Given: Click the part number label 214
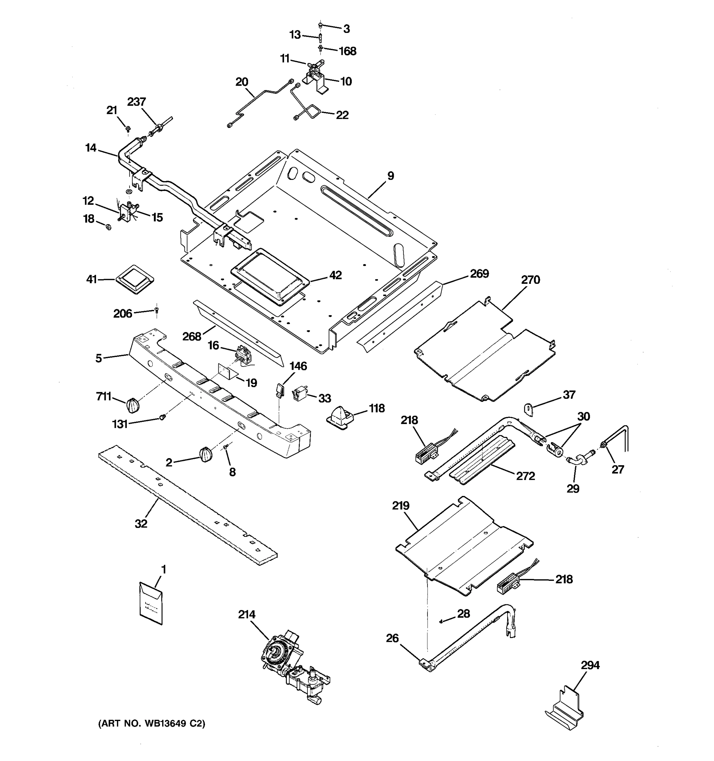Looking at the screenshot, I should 246,615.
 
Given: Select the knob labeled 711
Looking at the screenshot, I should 133,405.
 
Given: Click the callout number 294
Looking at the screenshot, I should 590,665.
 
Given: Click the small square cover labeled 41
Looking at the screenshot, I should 135,279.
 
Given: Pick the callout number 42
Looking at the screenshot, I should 335,275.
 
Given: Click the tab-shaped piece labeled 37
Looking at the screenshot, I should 529,409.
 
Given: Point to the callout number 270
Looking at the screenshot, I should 530,280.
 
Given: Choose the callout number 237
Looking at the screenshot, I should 136,102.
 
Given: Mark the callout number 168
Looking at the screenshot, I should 347,51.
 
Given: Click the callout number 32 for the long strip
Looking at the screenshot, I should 141,523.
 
